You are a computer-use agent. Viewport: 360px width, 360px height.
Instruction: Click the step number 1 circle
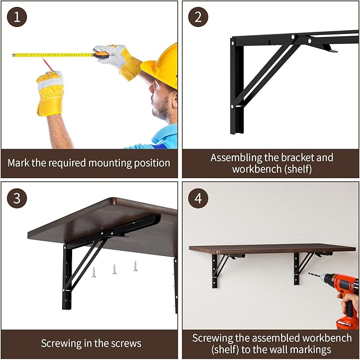[x=17, y=17]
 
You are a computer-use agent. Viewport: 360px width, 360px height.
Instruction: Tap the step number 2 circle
[x=198, y=17]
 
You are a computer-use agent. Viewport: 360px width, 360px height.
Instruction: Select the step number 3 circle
[x=17, y=198]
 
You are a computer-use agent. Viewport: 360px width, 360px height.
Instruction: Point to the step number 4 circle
[x=198, y=198]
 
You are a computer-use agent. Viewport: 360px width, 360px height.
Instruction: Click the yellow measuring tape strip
[x=53, y=55]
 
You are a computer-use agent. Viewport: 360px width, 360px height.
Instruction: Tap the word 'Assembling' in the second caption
[x=237, y=157]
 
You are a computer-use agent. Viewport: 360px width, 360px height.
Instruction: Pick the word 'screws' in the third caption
[x=125, y=343]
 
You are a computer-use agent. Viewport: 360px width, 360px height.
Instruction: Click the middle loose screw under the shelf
[x=114, y=269]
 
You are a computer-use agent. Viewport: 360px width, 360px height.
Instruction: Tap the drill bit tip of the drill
[x=310, y=275]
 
